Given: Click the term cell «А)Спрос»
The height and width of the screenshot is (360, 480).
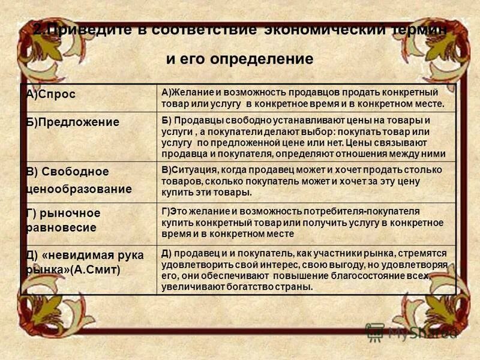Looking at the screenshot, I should click(x=55, y=95).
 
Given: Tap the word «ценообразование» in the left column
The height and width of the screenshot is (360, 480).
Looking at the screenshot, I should click(x=79, y=189).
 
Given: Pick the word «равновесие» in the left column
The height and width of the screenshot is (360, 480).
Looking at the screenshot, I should click(x=61, y=228).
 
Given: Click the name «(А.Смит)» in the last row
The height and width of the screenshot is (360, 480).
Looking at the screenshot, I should click(x=95, y=270).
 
